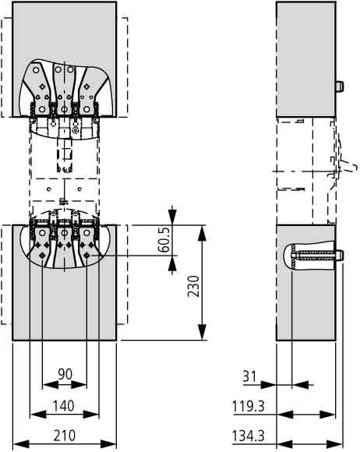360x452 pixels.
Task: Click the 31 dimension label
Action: [x=249, y=376]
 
